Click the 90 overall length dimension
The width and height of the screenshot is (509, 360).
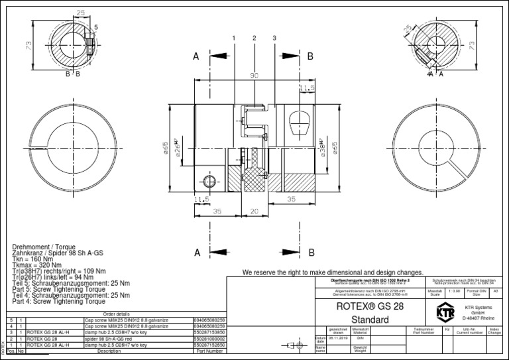point(254,76)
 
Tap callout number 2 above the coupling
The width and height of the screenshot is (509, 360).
point(254,38)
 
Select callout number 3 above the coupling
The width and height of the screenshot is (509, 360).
point(274,38)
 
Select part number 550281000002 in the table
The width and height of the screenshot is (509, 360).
point(209,339)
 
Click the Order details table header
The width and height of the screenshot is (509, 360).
point(109,314)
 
